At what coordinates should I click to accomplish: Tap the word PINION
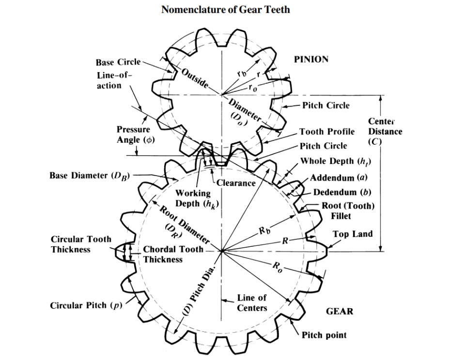point(311,59)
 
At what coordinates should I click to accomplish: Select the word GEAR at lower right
point(339,311)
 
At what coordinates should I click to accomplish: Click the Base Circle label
point(118,62)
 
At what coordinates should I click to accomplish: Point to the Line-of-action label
point(115,80)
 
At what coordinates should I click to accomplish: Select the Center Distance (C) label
point(385,131)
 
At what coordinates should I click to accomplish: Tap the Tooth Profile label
point(327,132)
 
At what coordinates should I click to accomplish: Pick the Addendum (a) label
point(341,178)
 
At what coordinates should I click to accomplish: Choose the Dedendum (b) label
point(342,192)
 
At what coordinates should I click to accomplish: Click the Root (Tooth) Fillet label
point(348,211)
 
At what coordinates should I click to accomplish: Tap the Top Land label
point(353,234)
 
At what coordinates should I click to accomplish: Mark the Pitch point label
point(324,335)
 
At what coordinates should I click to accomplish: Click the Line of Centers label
point(251,303)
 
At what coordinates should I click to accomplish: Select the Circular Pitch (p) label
point(86,306)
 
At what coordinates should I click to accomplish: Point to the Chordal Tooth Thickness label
point(166,255)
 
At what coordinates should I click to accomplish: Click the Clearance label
point(236,183)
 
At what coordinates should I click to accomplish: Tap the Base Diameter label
point(90,175)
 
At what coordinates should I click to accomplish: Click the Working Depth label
point(193,198)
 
